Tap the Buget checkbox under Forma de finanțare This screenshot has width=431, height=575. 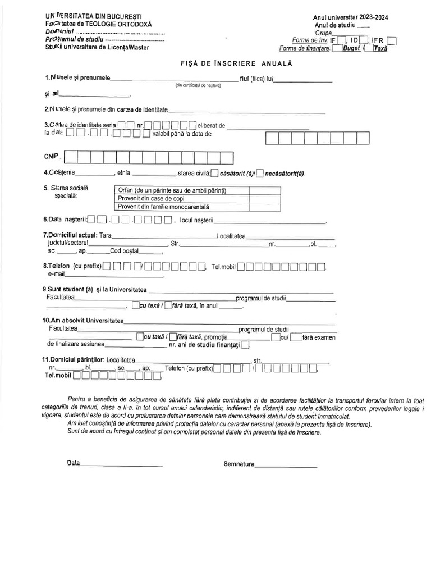click(337, 48)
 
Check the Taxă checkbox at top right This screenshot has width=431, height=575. click(369, 48)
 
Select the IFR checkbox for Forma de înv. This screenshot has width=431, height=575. click(392, 40)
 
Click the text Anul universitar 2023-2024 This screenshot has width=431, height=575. click(350, 17)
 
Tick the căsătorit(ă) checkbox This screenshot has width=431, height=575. click(215, 174)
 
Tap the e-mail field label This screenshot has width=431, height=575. click(57, 274)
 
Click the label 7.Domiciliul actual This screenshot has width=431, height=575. click(70, 235)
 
